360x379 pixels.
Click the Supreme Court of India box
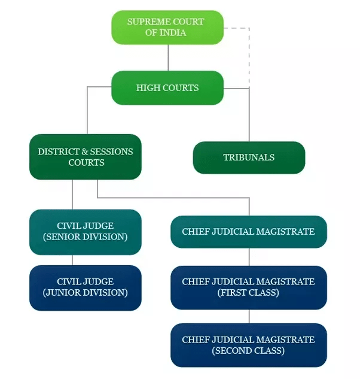[x=167, y=27]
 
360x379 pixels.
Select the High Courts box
[x=167, y=87]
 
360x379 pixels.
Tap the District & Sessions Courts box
[x=85, y=157]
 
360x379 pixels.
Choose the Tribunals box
[x=249, y=157]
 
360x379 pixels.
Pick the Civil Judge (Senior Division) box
[x=85, y=232]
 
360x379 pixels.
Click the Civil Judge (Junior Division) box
[x=85, y=287]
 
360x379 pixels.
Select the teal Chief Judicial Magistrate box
[x=248, y=232]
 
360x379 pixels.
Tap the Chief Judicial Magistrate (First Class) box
[x=248, y=287]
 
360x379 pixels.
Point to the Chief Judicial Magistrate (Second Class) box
[x=248, y=345]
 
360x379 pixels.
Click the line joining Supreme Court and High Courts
[x=167, y=57]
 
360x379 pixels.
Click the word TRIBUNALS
[x=249, y=157]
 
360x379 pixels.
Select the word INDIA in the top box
[x=173, y=33]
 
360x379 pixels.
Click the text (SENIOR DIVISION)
[x=85, y=237]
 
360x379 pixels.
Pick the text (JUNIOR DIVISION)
[x=85, y=293]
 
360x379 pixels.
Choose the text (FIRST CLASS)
[x=248, y=293]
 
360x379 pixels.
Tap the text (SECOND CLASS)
[x=248, y=351]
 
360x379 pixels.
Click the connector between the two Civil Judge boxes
[x=73, y=260]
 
